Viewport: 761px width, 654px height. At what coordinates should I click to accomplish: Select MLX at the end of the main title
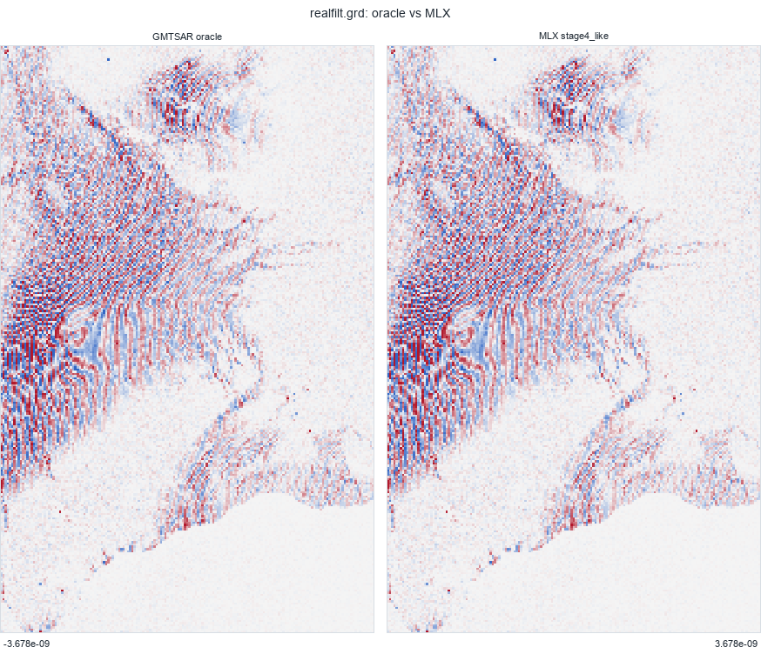[x=439, y=14]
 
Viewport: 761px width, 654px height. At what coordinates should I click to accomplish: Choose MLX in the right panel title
[x=548, y=37]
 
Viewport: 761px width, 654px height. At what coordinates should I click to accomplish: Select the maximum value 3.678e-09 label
[x=736, y=644]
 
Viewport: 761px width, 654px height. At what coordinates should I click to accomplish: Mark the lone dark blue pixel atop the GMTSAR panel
[x=108, y=60]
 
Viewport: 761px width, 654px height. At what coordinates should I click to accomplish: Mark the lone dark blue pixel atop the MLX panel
[x=495, y=60]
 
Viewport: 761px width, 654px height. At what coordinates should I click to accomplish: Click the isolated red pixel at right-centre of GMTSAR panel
[x=310, y=430]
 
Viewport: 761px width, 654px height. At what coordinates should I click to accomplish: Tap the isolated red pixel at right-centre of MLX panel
[x=697, y=430]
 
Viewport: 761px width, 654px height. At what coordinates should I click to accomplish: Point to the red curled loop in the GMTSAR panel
[x=65, y=330]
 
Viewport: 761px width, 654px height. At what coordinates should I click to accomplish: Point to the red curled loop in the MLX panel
[x=452, y=330]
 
